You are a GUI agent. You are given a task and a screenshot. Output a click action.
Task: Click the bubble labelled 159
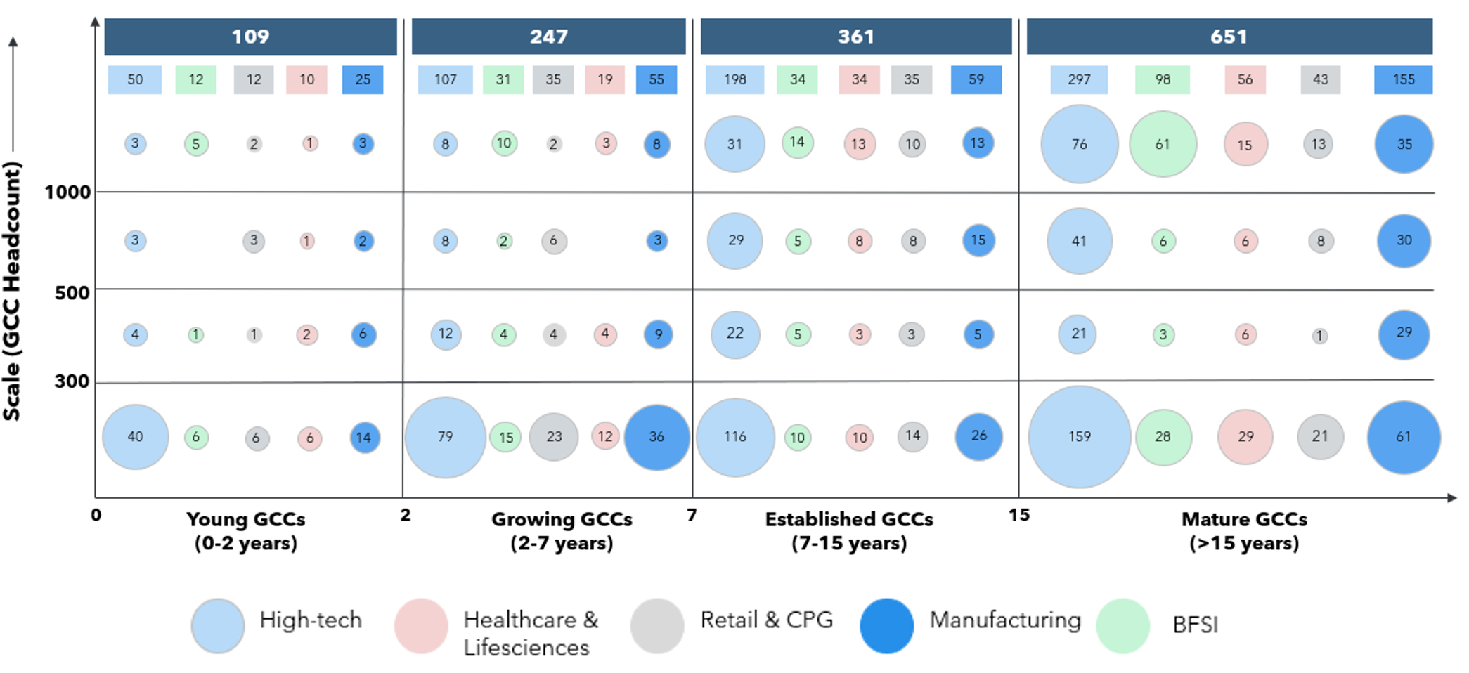point(1080,436)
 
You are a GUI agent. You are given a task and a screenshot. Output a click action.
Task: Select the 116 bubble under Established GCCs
point(735,437)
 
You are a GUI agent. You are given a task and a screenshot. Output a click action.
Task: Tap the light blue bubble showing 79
point(445,437)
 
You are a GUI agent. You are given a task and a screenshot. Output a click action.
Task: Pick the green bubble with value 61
point(1163,144)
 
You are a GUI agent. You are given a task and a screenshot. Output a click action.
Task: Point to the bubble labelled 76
point(1080,144)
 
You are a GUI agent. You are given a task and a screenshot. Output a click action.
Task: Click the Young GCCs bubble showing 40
point(135,437)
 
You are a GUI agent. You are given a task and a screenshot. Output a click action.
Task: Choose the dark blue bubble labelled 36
point(656,437)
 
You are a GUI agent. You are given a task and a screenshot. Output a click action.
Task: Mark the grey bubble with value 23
point(554,437)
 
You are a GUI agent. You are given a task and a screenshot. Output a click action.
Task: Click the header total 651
point(1229,37)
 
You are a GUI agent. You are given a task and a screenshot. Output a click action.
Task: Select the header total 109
point(250,37)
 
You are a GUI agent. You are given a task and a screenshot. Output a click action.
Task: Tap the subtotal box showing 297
point(1079,79)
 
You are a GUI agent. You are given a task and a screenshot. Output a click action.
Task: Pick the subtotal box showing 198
point(734,79)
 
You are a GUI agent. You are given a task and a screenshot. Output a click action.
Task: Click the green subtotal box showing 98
point(1163,79)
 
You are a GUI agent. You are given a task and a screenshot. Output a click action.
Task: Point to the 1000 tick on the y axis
point(67,192)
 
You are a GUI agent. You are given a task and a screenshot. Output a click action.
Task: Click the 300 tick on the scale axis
point(72,381)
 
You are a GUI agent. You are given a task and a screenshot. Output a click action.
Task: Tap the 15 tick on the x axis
point(1018,515)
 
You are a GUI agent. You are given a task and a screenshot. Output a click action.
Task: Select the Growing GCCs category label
point(562,530)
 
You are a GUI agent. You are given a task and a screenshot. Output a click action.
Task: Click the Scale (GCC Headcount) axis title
point(12,291)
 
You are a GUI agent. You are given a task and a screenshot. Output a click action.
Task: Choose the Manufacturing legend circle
point(886,625)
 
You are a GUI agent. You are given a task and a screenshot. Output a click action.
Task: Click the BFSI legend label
point(1195,625)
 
